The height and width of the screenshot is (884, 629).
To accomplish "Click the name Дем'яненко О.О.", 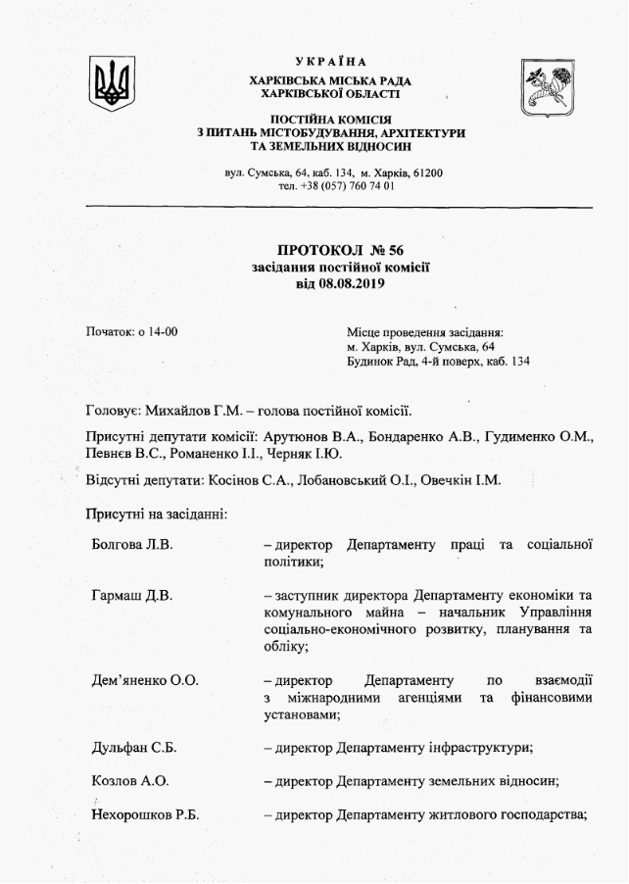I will click(144, 680).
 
